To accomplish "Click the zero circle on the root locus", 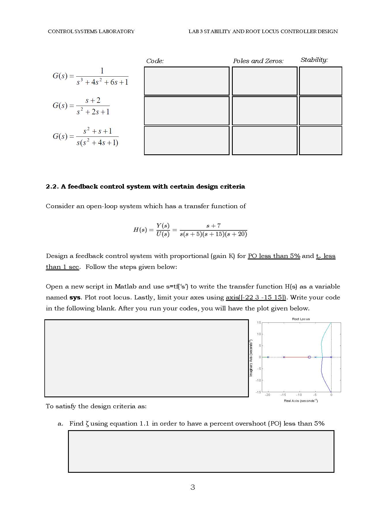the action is (309, 357).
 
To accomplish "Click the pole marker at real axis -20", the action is (268, 357).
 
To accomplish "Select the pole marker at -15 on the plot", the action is (284, 357).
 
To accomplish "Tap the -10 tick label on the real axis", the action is (299, 395).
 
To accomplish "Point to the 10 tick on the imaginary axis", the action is (259, 334).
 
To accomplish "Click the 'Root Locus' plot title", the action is (301, 319).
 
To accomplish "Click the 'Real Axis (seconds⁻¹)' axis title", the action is (301, 401).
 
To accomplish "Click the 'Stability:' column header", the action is (314, 60).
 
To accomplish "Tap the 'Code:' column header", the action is (155, 61).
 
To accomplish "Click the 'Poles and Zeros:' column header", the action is (258, 61).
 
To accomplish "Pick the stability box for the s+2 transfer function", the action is (320, 111).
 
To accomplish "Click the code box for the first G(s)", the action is (186, 81).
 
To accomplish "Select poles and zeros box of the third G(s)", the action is (264, 141).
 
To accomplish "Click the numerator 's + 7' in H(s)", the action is (213, 226).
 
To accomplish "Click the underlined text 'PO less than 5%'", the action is (274, 256).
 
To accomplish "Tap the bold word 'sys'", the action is (75, 297).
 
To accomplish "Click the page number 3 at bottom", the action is (193, 487).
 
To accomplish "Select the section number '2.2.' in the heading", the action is (52, 187).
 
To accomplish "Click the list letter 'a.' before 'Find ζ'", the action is (60, 424).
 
